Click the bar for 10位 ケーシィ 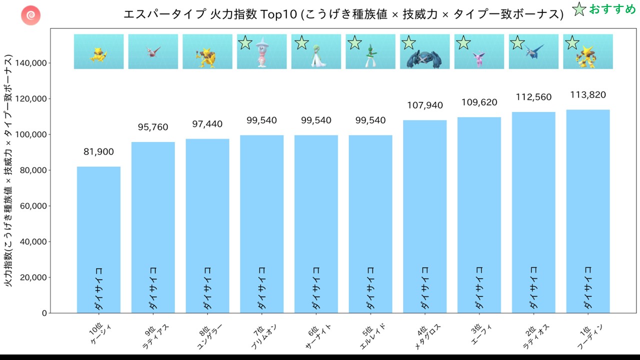(98, 239)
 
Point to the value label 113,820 (587, 95)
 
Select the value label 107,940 (424, 105)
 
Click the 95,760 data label (153, 127)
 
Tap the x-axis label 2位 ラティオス (534, 334)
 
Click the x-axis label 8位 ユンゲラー (207, 334)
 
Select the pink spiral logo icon (30, 15)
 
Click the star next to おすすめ (579, 9)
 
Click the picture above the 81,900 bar (98, 52)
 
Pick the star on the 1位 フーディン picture (571, 43)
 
